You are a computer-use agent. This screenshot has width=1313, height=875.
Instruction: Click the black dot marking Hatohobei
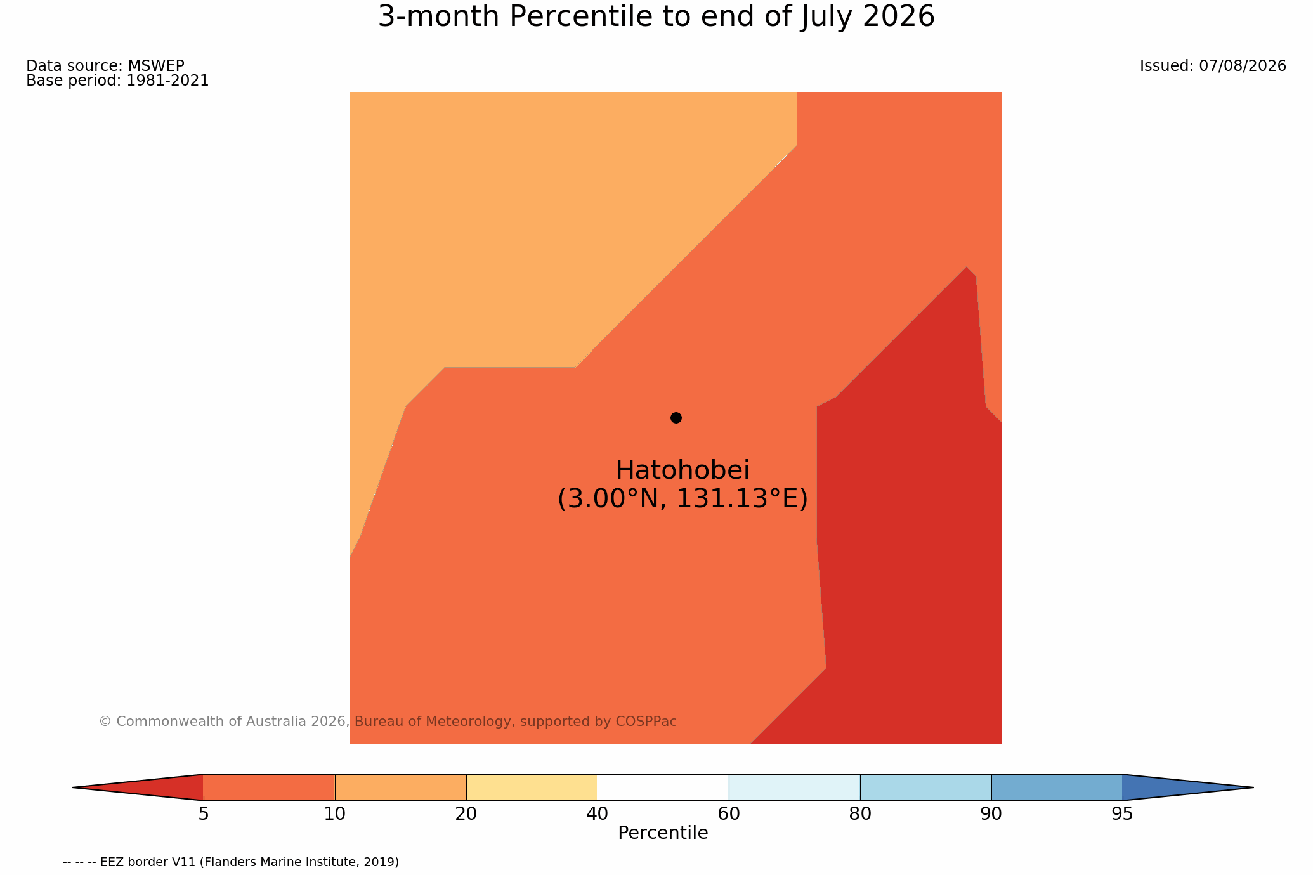coord(676,417)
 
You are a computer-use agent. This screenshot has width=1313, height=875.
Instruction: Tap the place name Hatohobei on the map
coord(683,470)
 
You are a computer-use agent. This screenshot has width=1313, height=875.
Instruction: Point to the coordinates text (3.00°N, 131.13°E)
coord(683,499)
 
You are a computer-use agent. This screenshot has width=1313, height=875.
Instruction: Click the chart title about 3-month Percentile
coord(656,16)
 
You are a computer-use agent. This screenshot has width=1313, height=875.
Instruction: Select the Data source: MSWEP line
coord(105,66)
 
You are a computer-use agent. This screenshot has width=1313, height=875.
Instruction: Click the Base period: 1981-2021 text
coord(117,81)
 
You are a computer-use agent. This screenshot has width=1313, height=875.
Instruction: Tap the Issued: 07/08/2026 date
coord(1213,66)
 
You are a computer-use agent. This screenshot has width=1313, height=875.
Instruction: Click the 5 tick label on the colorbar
coord(204,814)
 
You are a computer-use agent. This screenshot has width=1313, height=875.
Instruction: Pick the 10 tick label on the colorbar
coord(335,814)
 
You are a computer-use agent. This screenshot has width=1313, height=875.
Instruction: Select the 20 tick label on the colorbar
coord(466,814)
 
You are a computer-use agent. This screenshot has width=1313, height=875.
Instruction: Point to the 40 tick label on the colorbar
coord(598,814)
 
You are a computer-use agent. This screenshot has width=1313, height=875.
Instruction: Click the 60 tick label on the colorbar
coord(729,814)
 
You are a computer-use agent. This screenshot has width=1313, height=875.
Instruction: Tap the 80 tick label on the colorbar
coord(860,814)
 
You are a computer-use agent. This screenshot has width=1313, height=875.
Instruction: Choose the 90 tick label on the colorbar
coord(991,814)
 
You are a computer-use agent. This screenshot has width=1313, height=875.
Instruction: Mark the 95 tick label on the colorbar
coord(1123,814)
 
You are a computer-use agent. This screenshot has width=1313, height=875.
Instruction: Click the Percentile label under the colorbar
coord(663,833)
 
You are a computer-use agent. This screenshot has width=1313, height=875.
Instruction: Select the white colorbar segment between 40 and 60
coord(663,787)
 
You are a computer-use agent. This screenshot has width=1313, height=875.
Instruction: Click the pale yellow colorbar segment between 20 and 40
coord(532,787)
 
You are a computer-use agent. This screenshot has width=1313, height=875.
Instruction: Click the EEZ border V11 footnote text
coord(231,862)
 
